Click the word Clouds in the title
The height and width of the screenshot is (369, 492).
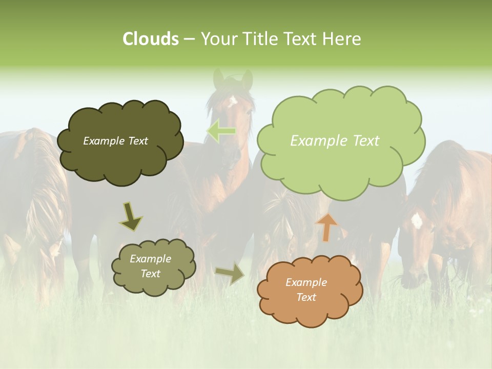pyautogui.click(x=150, y=39)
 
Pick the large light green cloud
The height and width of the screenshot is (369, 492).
pyautogui.click(x=340, y=164)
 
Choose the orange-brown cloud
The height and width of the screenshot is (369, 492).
pyautogui.click(x=310, y=307)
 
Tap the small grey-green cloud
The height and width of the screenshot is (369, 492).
pyautogui.click(x=154, y=284)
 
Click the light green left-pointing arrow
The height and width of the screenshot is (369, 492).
pyautogui.click(x=221, y=131)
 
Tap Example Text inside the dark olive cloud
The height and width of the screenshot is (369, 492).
pyautogui.click(x=115, y=141)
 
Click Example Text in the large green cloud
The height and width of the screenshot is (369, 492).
pyautogui.click(x=335, y=141)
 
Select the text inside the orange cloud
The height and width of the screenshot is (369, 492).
pyautogui.click(x=306, y=290)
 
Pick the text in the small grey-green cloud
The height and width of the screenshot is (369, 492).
pyautogui.click(x=150, y=266)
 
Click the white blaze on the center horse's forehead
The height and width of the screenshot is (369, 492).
pyautogui.click(x=233, y=100)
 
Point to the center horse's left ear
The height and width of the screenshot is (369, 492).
pyautogui.click(x=219, y=78)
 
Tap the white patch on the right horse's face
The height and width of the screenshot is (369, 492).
pyautogui.click(x=417, y=220)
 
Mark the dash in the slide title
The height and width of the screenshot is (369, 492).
pyautogui.click(x=189, y=39)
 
